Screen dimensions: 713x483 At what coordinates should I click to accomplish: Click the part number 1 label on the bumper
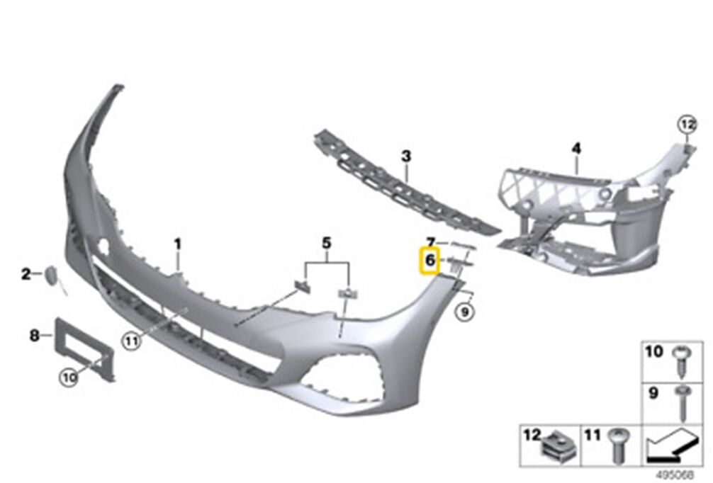[x=178, y=244]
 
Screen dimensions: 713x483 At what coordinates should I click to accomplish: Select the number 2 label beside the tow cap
[x=26, y=274]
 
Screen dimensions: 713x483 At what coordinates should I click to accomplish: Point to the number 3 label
[x=406, y=157]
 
